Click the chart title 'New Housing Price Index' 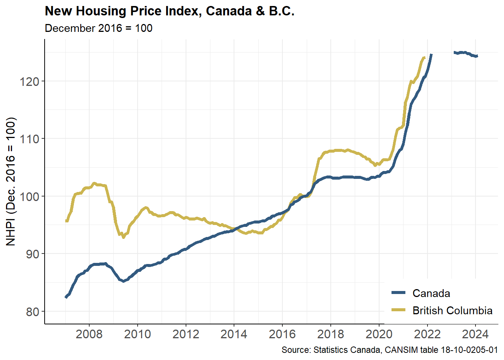tap(169, 11)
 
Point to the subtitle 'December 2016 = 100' tap(99, 28)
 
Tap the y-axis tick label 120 tap(30, 81)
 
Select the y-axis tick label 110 tap(30, 139)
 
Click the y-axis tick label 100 tap(30, 196)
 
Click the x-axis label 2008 tap(89, 334)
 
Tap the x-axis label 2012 tap(186, 334)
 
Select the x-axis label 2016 tap(282, 334)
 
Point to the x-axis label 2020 tap(379, 334)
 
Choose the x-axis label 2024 tap(475, 334)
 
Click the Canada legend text tap(431, 293)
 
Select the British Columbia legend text tap(452, 310)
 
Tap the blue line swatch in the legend tap(398, 293)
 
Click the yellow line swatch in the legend tap(398, 310)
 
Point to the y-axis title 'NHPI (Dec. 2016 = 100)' tap(11, 181)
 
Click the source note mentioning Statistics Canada tap(390, 350)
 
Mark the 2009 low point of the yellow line tap(123, 237)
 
